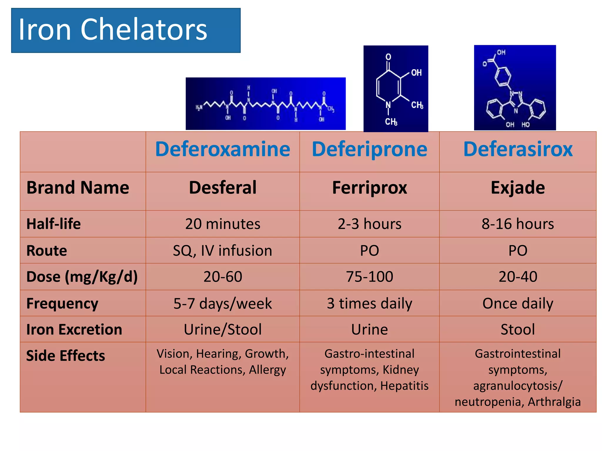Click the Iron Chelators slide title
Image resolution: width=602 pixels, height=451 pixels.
pyautogui.click(x=113, y=29)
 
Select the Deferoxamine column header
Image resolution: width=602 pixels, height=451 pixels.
pyautogui.click(x=223, y=149)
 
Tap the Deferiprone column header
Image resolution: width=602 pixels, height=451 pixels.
pyautogui.click(x=369, y=149)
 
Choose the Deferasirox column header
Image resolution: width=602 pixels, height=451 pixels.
pyautogui.click(x=518, y=149)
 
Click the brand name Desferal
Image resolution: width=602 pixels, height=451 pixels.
pyautogui.click(x=223, y=188)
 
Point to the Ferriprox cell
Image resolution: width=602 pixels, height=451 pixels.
pyautogui.click(x=369, y=188)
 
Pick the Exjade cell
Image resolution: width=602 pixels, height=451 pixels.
pyautogui.click(x=518, y=188)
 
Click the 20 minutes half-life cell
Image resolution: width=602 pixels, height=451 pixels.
pyautogui.click(x=223, y=224)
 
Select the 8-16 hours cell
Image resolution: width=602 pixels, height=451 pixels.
pyautogui.click(x=518, y=224)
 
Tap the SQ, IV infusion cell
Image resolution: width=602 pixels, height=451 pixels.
pyautogui.click(x=223, y=250)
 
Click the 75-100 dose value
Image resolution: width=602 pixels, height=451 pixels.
pyautogui.click(x=369, y=277)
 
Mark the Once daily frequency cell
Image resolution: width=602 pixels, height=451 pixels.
pyautogui.click(x=518, y=303)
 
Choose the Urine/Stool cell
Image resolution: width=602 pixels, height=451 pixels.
pyautogui.click(x=223, y=329)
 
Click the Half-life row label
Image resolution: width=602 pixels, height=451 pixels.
pyautogui.click(x=53, y=224)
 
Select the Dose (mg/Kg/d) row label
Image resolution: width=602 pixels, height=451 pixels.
pyautogui.click(x=82, y=277)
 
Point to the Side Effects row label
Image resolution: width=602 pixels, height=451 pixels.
pyautogui.click(x=66, y=356)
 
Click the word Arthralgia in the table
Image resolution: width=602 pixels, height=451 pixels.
pyautogui.click(x=554, y=402)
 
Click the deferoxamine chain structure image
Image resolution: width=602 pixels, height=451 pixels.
pyautogui.click(x=265, y=104)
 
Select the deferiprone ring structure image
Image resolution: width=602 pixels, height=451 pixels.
pyautogui.click(x=396, y=89)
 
